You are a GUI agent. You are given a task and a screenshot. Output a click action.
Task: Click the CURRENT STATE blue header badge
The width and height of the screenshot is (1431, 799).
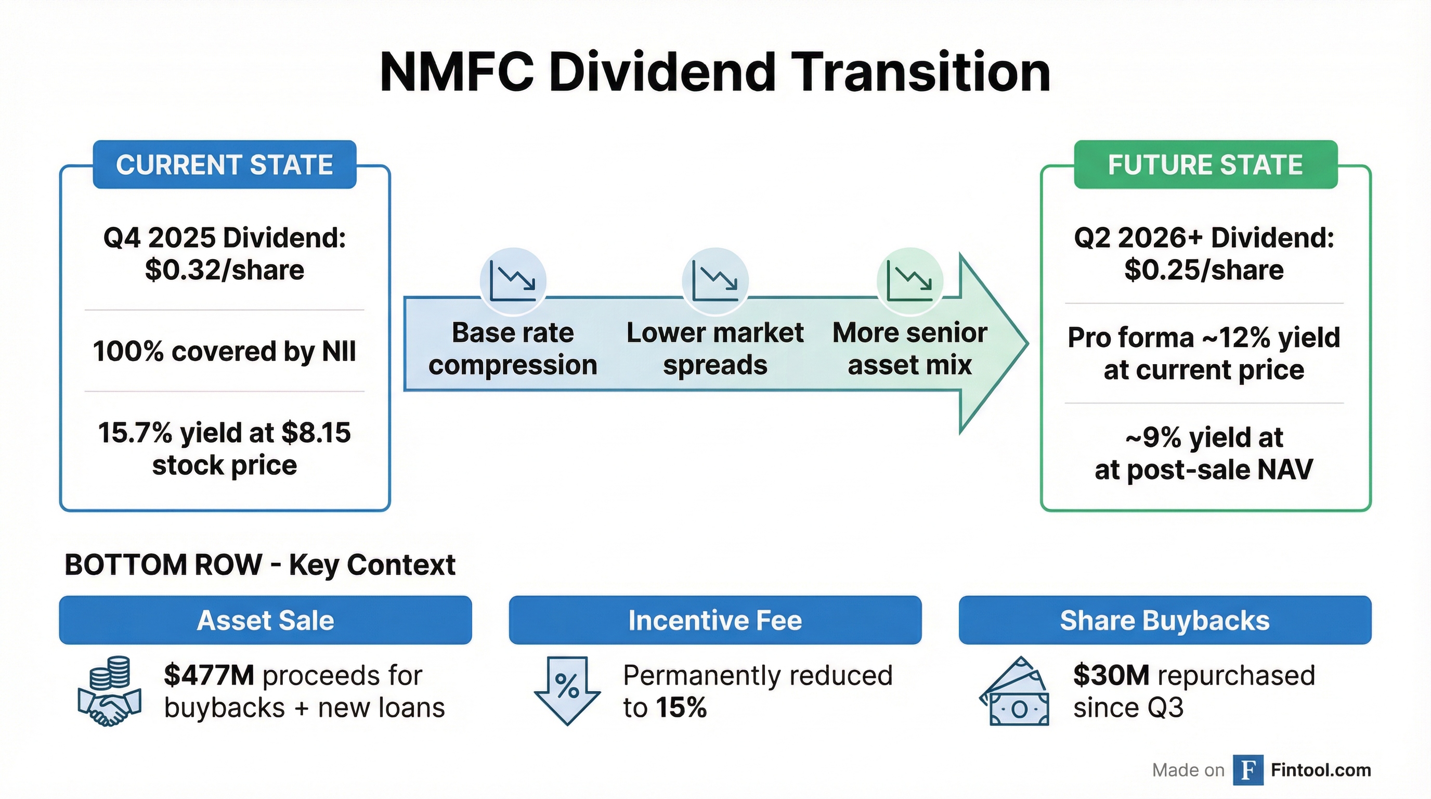pyautogui.click(x=225, y=164)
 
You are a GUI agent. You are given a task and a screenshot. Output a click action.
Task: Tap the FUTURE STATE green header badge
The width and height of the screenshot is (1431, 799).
pyautogui.click(x=1205, y=164)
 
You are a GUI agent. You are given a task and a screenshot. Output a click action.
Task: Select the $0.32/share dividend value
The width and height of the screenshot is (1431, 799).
pyautogui.click(x=225, y=270)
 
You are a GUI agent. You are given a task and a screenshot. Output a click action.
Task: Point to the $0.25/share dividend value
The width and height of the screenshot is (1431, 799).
pyautogui.click(x=1204, y=270)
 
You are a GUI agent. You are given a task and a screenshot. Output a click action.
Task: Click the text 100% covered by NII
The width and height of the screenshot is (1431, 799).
pyautogui.click(x=225, y=351)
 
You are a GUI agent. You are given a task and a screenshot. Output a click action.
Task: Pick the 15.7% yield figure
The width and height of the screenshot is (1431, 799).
pyautogui.click(x=135, y=433)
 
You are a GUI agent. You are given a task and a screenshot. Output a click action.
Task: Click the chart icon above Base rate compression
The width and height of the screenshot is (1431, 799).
pyautogui.click(x=513, y=281)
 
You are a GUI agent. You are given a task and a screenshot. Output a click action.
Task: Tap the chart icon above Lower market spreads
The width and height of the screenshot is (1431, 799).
pyautogui.click(x=715, y=281)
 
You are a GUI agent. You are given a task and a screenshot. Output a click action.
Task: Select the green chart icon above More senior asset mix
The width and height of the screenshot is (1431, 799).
pyautogui.click(x=909, y=281)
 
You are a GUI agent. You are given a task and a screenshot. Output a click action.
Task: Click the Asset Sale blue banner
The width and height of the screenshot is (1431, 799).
pyautogui.click(x=265, y=620)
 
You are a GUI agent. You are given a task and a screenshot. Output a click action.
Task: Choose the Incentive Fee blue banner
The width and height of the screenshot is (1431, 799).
pyautogui.click(x=715, y=620)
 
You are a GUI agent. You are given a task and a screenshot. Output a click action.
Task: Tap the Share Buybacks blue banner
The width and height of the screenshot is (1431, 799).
pyautogui.click(x=1164, y=620)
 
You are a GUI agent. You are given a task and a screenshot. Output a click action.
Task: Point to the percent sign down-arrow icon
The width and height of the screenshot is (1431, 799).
pyautogui.click(x=567, y=690)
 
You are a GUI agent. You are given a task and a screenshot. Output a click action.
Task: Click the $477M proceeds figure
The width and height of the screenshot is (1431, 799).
pyautogui.click(x=209, y=676)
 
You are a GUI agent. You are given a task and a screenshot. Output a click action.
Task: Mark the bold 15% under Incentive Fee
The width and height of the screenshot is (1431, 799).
pyautogui.click(x=681, y=708)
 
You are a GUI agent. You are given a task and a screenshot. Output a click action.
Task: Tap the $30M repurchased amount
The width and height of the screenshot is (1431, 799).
pyautogui.click(x=1111, y=676)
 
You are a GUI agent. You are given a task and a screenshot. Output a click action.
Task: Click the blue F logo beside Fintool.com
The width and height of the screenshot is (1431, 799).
pyautogui.click(x=1247, y=770)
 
